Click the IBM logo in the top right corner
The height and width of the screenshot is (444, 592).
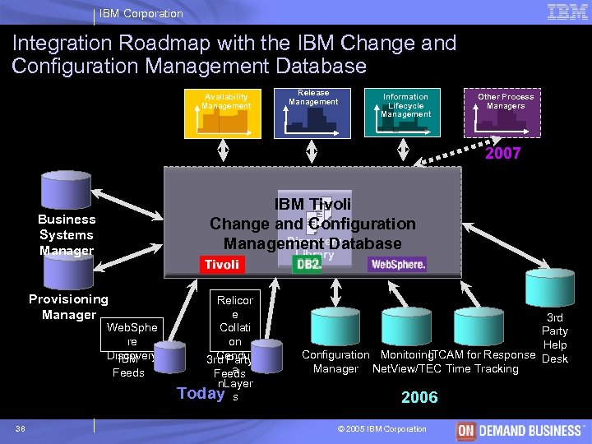[567, 12]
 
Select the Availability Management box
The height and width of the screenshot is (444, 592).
[226, 112]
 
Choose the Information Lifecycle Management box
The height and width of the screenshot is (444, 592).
[405, 112]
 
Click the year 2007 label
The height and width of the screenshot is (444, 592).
[502, 154]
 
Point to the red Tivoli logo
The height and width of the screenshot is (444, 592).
[222, 264]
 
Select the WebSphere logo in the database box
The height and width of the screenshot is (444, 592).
[398, 265]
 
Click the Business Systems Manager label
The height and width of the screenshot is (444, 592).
[67, 234]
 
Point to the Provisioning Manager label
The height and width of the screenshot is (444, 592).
[68, 307]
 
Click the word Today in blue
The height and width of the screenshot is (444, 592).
[201, 392]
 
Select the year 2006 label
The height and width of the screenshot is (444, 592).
[419, 397]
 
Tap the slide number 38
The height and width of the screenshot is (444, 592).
[21, 428]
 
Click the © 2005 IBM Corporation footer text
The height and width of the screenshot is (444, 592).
[382, 428]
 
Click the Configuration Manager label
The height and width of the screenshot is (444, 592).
[335, 362]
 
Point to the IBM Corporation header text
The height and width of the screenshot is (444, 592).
[141, 13]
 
